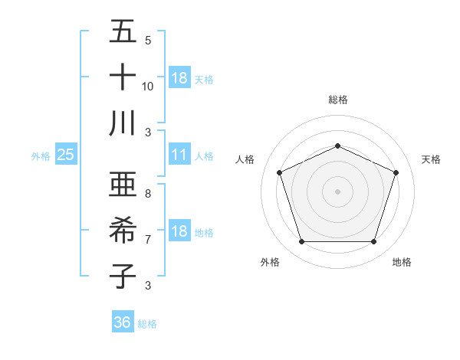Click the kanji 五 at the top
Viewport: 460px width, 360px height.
tap(123, 32)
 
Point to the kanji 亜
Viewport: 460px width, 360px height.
tap(123, 185)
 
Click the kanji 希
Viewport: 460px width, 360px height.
tap(123, 231)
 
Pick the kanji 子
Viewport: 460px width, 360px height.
tap(123, 276)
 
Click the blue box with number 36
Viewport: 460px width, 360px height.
tap(123, 322)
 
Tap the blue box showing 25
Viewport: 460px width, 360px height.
tap(65, 155)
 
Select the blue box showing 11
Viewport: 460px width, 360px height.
tap(179, 155)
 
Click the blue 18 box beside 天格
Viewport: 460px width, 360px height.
tap(179, 77)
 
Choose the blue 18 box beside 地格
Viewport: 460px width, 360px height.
tap(179, 231)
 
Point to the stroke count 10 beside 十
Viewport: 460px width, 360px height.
tap(147, 86)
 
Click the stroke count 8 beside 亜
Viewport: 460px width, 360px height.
tap(147, 194)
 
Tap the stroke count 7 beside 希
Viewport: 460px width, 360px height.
tap(147, 239)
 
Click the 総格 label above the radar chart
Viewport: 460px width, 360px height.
tap(337, 100)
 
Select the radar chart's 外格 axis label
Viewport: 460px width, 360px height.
tap(270, 263)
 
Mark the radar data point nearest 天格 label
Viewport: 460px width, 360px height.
tap(396, 172)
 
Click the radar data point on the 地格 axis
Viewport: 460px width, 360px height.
tap(373, 242)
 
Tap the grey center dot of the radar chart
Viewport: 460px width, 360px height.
tap(337, 191)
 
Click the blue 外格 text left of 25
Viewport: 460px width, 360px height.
tap(41, 155)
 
